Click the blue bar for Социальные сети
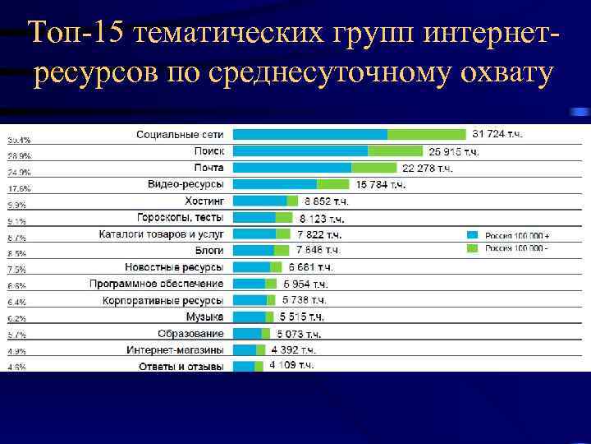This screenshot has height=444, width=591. click(310, 134)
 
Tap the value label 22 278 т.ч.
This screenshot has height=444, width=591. click(427, 169)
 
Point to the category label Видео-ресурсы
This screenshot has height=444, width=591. click(186, 184)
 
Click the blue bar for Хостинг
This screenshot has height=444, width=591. click(259, 201)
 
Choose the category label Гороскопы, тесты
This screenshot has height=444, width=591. click(180, 217)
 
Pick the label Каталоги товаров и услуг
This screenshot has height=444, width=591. click(161, 234)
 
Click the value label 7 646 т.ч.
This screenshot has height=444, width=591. click(318, 250)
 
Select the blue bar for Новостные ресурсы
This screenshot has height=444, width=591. click(251, 267)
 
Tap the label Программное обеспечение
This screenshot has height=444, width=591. click(156, 284)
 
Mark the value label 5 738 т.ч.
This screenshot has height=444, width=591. click(305, 300)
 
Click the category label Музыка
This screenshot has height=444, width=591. click(204, 317)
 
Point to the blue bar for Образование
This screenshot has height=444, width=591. click(248, 333)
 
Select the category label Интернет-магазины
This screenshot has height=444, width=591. click(175, 349)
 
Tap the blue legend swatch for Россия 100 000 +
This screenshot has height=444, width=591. click(472, 234)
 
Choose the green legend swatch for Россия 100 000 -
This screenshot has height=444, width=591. click(472, 247)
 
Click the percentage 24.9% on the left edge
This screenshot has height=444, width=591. click(18, 172)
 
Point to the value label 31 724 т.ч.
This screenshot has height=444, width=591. click(497, 134)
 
